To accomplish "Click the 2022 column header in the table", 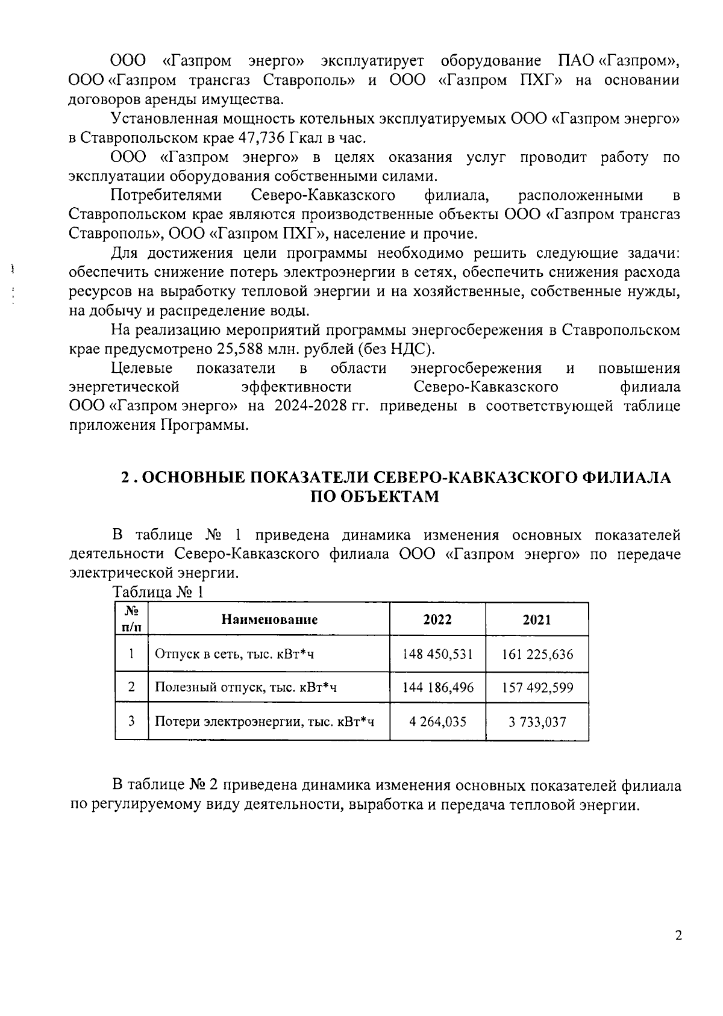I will pos(437,620).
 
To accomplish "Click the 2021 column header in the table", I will pos(536,620).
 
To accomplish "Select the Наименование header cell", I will pos(269,620).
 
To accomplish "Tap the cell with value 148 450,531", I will pos(437,654).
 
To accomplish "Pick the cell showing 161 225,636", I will pos(537,654).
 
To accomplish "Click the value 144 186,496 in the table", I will pos(437,688).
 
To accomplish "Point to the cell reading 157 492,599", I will pos(537,688).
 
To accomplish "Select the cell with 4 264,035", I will pos(437,721).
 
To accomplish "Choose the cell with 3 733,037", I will pos(537,721).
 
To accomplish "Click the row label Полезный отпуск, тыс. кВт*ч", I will pos(246,688).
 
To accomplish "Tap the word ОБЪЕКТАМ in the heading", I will pos(374,497).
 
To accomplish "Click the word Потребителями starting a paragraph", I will pos(167,196).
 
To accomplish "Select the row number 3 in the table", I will pos(131,721).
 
